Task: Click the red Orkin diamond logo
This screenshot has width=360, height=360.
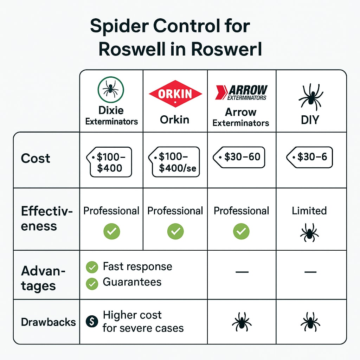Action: [x=175, y=94]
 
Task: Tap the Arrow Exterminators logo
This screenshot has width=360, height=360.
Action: [x=241, y=92]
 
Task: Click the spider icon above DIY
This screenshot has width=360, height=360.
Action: [x=310, y=97]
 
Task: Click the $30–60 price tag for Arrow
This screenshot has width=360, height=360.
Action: [x=239, y=157]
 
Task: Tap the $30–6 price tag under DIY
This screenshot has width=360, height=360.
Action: [x=309, y=157]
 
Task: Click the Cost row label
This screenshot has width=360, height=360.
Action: [x=36, y=158]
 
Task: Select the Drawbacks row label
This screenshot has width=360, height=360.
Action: [x=49, y=322]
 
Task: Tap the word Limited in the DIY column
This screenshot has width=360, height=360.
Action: [x=309, y=211]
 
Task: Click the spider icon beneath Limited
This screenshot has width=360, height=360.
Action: [x=309, y=233]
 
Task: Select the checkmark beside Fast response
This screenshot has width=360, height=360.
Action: [x=92, y=268]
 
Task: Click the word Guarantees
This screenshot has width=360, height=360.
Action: [x=132, y=282]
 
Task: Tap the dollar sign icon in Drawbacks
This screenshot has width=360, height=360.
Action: [x=92, y=321]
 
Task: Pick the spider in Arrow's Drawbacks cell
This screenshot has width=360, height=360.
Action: [x=242, y=322]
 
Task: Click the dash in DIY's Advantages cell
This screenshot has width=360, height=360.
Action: [x=310, y=272]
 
